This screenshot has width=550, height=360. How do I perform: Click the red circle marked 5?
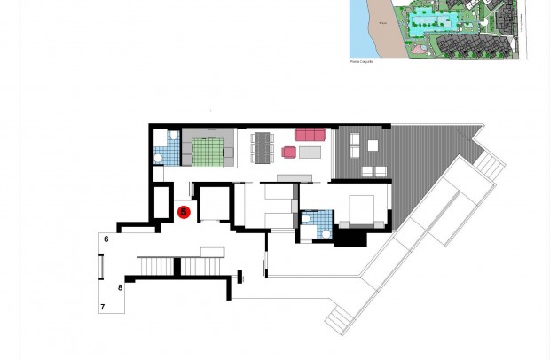pyautogui.click(x=184, y=212)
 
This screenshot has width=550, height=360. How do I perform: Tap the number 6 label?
pyautogui.click(x=106, y=239)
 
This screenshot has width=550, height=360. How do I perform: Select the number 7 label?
pyautogui.click(x=103, y=307)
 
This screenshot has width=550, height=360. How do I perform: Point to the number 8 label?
pyautogui.click(x=120, y=287)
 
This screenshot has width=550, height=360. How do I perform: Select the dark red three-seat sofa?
pyautogui.click(x=310, y=135)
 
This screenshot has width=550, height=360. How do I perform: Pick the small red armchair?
pyautogui.click(x=288, y=153)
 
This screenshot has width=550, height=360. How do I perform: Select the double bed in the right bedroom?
pyautogui.click(x=365, y=209)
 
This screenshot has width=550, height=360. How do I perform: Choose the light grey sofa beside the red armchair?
pyautogui.click(x=310, y=153)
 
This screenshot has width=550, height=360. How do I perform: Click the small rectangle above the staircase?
pyautogui.click(x=211, y=252)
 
